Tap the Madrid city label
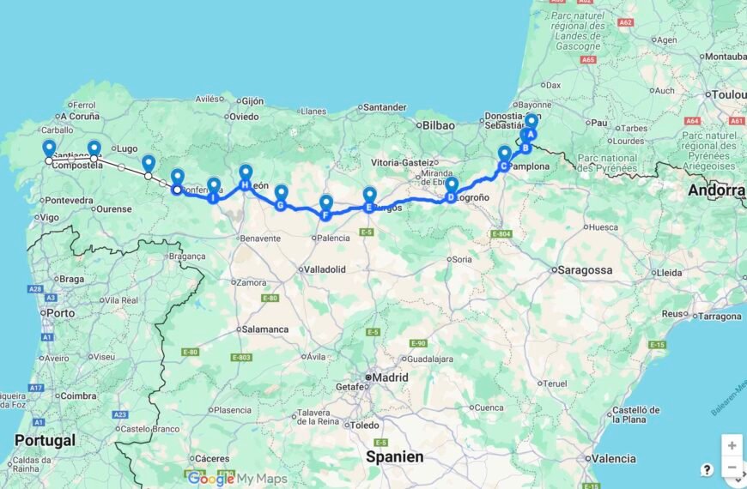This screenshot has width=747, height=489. tap(390, 377)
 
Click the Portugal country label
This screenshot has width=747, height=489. tap(46, 440)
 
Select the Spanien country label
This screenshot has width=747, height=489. tap(395, 456)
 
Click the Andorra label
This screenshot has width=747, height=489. tap(716, 190)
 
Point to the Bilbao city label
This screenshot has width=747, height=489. tap(437, 125)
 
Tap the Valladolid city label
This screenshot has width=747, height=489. tap(325, 269)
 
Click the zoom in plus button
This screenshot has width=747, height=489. tap(731, 445)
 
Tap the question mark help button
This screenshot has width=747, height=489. tap(707, 469)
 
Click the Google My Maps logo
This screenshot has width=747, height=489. tap(237, 479)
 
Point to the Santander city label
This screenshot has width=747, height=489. tap(386, 107)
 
